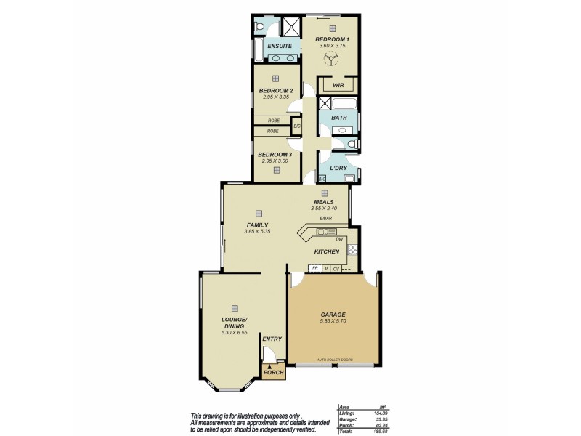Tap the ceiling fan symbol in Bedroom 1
click(x=333, y=62)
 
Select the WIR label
click(x=338, y=85)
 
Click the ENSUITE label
click(x=280, y=47)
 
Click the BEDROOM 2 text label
click(x=275, y=91)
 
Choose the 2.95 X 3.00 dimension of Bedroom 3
click(x=275, y=161)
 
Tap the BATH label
click(x=339, y=117)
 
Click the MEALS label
click(x=324, y=202)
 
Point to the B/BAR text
click(x=325, y=218)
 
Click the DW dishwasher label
click(x=339, y=239)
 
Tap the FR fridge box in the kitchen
click(x=315, y=268)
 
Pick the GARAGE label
click(x=333, y=315)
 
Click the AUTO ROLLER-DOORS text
click(x=333, y=360)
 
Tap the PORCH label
click(x=273, y=373)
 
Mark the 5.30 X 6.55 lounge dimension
click(x=235, y=333)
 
